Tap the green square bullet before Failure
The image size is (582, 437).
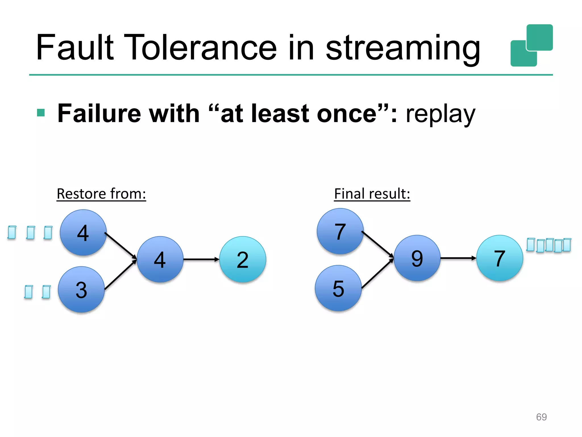point(41,113)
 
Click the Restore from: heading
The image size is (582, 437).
point(101,194)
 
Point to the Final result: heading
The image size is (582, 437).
point(372,194)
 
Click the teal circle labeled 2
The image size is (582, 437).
point(243,259)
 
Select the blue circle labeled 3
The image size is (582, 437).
point(82,289)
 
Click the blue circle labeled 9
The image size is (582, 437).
point(417,258)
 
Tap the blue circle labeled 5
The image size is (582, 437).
point(338,288)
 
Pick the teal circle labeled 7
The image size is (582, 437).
point(500,258)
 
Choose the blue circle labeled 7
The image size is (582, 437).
point(340,231)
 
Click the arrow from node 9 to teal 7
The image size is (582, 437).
point(458,258)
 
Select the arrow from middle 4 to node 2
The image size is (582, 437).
point(201,259)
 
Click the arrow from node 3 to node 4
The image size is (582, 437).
point(121,275)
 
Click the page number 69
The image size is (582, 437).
point(541,417)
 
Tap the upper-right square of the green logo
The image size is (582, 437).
point(539,37)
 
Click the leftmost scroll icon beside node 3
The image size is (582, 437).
point(28,292)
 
